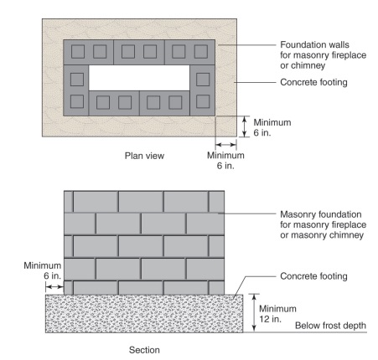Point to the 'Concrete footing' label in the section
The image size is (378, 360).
click(x=307, y=276)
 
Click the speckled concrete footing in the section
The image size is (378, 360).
click(x=142, y=313)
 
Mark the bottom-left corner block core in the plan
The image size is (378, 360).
click(x=77, y=102)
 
